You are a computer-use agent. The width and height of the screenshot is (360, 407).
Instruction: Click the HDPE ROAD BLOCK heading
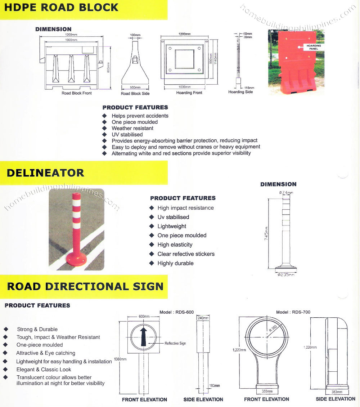coord(62,7)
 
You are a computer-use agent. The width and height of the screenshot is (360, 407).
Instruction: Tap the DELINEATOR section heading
coord(45,173)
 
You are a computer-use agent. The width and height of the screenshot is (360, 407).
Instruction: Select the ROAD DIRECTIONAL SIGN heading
coord(85,287)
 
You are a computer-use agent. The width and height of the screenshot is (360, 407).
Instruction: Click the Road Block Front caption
coord(77,93)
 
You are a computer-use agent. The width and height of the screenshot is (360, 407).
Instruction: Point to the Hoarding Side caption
coord(240,92)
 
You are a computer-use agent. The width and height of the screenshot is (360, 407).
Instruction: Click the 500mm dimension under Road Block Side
coord(135,87)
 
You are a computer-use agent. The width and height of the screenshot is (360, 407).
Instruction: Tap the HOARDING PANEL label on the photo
coord(314,47)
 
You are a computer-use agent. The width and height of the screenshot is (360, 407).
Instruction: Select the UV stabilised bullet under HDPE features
coord(127,134)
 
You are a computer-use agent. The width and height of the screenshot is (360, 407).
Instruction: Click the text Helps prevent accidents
coord(140,116)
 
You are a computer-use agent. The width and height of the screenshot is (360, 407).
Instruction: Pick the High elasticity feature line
coord(175,245)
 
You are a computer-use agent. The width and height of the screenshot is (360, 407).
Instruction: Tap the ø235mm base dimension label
coord(286,275)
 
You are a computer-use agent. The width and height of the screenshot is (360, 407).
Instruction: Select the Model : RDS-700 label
coord(293,312)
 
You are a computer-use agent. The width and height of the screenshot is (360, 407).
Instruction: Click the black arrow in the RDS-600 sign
coord(144,336)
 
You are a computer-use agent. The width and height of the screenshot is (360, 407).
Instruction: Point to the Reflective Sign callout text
coord(175,344)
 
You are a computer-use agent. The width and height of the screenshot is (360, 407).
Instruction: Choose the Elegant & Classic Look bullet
coord(44,370)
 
